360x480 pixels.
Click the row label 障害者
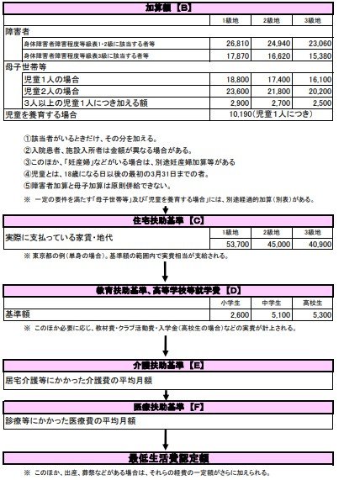coord(17,28)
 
